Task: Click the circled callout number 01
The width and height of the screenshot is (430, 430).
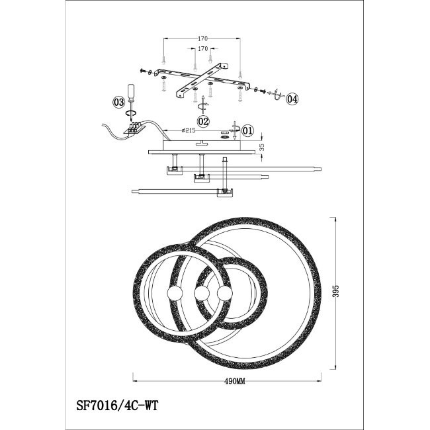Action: click(x=247, y=131)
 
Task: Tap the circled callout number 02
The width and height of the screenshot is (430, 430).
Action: click(x=204, y=121)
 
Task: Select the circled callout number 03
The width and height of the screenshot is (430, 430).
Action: click(x=119, y=103)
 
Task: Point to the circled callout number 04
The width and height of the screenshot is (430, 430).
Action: click(x=292, y=99)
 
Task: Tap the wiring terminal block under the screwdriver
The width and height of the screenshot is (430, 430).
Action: click(x=134, y=128)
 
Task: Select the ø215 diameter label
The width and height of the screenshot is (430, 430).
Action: click(x=189, y=130)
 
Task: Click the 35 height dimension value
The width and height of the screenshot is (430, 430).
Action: click(x=261, y=148)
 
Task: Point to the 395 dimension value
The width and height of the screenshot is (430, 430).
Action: click(x=337, y=291)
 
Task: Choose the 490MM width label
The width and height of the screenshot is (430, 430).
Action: click(x=235, y=381)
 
